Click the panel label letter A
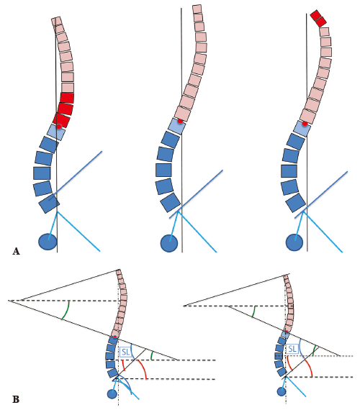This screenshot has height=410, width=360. click(16, 251)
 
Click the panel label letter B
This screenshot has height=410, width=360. click(16, 399)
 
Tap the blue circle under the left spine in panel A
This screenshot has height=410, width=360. click(48, 242)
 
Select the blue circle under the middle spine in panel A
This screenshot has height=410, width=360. click(169, 243)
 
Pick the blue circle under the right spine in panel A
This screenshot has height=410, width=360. click(294, 242)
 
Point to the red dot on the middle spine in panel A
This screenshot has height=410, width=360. click(180, 121)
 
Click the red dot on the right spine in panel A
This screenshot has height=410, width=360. click(305, 124)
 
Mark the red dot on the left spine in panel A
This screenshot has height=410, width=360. click(59, 127)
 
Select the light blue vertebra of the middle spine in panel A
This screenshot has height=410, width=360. click(176, 127)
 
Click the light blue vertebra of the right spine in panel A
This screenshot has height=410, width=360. click(302, 128)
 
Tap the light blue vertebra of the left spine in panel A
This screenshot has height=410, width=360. click(56, 132)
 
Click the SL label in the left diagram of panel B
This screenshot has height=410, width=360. click(126, 352)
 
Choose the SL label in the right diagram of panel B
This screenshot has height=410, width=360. click(292, 349)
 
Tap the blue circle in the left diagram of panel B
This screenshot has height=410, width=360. click(112, 393)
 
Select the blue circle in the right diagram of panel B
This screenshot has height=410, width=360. click(282, 392)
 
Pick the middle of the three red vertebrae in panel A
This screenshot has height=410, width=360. click(66, 109)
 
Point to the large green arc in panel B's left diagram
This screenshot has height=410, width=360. click(66, 310)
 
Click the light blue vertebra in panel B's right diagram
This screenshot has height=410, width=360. click(285, 334)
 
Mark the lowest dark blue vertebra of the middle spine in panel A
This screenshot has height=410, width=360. click(171, 203)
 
